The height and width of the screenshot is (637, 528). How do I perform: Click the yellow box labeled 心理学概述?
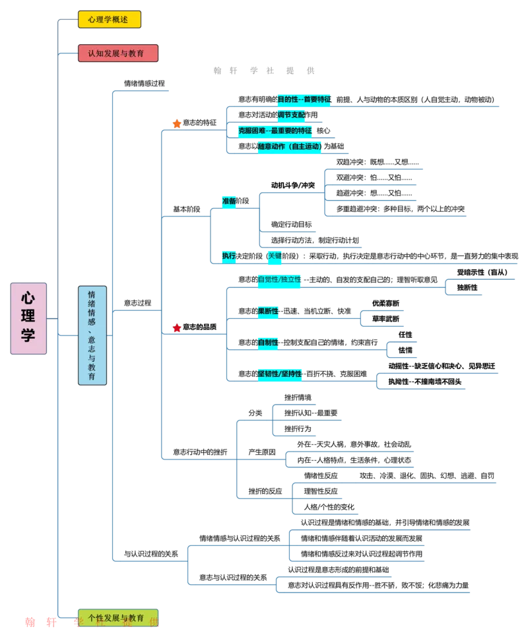coord(109,20)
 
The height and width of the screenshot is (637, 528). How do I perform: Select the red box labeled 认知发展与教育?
coord(117,53)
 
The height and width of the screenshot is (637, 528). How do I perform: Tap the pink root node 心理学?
coord(28,318)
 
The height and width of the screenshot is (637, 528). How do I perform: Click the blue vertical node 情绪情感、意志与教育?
coord(92,335)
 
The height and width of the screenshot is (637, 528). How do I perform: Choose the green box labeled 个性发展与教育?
coord(117,618)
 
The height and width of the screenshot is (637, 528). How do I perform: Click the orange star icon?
coord(177,123)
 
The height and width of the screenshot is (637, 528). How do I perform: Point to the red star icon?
coord(177,327)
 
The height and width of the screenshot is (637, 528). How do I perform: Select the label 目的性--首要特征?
coord(304,99)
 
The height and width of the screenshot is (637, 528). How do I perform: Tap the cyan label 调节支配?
coord(290,115)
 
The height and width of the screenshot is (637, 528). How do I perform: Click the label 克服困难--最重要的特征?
coord(276,131)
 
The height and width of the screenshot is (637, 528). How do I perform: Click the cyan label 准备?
coord(229,201)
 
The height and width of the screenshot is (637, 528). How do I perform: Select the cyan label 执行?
coord(229,255)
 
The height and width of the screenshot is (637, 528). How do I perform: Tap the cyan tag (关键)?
coord(275,255)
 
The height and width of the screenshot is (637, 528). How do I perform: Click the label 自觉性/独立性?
coord(279,279)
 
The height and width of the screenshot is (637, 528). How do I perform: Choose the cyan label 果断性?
coord(268,311)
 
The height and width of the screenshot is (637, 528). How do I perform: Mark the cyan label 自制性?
coord(267,343)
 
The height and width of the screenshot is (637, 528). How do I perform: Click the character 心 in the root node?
coord(28,298)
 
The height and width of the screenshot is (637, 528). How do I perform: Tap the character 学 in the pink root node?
coord(28,336)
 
